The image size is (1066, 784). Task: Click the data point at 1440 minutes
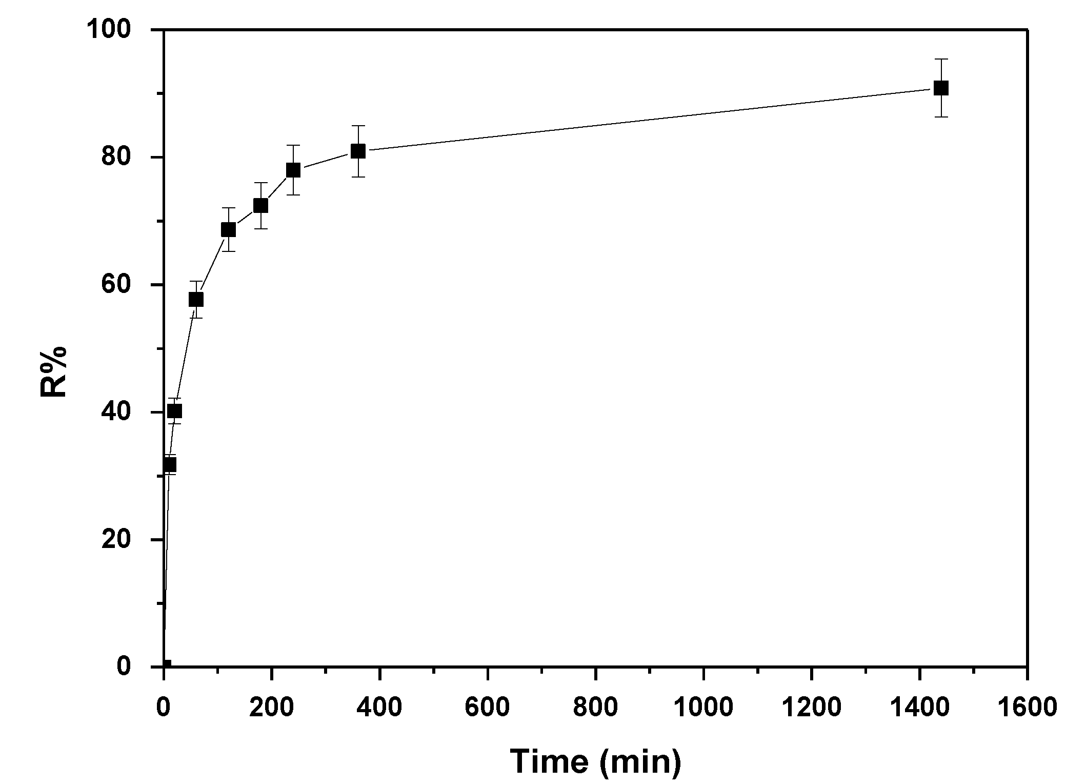pyautogui.click(x=941, y=88)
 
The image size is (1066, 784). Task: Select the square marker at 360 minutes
pyautogui.click(x=358, y=151)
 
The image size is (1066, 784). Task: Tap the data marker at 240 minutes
pyautogui.click(x=293, y=170)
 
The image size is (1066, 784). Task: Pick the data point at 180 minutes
pyautogui.click(x=260, y=206)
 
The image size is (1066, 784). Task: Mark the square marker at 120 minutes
pyautogui.click(x=228, y=229)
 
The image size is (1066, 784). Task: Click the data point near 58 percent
pyautogui.click(x=196, y=299)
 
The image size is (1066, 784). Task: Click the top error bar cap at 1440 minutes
pyautogui.click(x=941, y=60)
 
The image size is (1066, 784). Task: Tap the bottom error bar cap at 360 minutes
pyautogui.click(x=358, y=177)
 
